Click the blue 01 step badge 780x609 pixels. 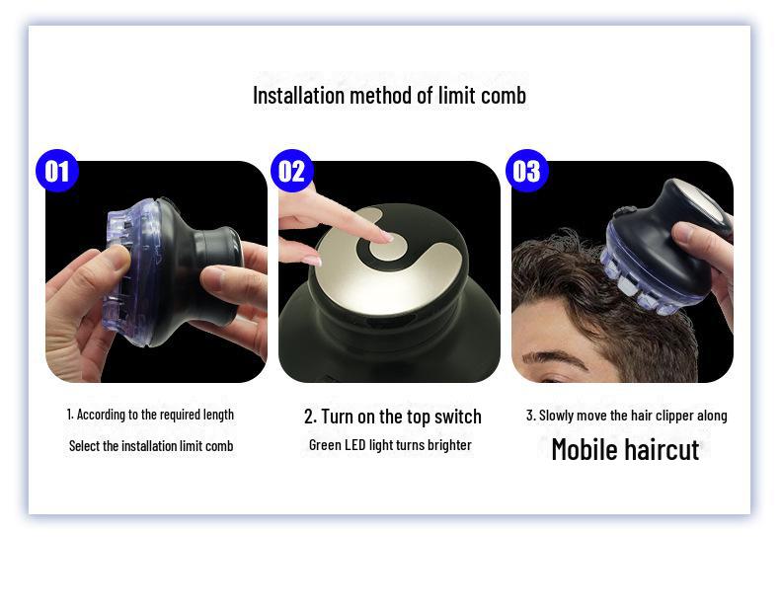(57, 171)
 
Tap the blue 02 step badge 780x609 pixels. (292, 171)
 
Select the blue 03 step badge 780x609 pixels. (527, 171)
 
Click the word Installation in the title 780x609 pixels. (298, 96)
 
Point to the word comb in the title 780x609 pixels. (505, 96)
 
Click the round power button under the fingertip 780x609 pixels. (388, 247)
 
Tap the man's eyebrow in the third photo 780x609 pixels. (553, 357)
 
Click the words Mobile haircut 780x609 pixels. (625, 449)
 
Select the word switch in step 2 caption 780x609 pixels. (458, 417)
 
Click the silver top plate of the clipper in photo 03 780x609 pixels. (701, 198)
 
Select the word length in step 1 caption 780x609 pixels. (218, 415)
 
